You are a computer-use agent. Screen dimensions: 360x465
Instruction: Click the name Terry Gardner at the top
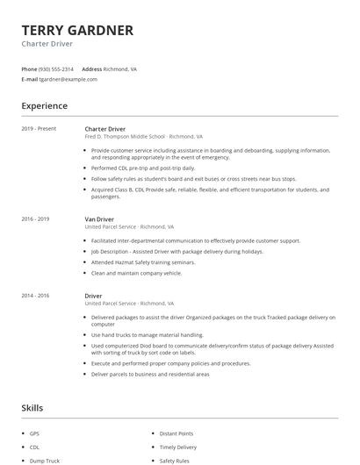pyautogui.click(x=77, y=31)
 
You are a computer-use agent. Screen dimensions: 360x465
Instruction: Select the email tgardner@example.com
pyautogui.click(x=68, y=79)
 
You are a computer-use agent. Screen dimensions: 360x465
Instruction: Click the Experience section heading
pyautogui.click(x=45, y=106)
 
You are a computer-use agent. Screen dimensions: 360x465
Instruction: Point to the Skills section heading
pyautogui.click(x=32, y=408)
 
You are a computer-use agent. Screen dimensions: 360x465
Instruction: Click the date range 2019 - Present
pyautogui.click(x=39, y=129)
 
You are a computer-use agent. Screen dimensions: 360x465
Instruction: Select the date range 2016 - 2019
pyautogui.click(x=35, y=218)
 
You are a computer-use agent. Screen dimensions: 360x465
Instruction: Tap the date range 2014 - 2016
pyautogui.click(x=35, y=296)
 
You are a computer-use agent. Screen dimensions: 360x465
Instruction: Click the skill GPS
pyautogui.click(x=35, y=433)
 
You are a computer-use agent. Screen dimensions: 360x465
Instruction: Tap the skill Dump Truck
pyautogui.click(x=44, y=461)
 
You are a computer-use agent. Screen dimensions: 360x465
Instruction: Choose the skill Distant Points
pyautogui.click(x=176, y=433)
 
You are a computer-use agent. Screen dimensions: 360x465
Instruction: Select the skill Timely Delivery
pyautogui.click(x=177, y=447)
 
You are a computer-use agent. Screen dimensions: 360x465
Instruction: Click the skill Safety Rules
pyautogui.click(x=174, y=461)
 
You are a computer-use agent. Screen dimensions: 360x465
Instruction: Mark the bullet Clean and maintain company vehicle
pyautogui.click(x=136, y=273)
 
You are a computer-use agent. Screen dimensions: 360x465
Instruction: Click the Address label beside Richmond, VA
pyautogui.click(x=91, y=68)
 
